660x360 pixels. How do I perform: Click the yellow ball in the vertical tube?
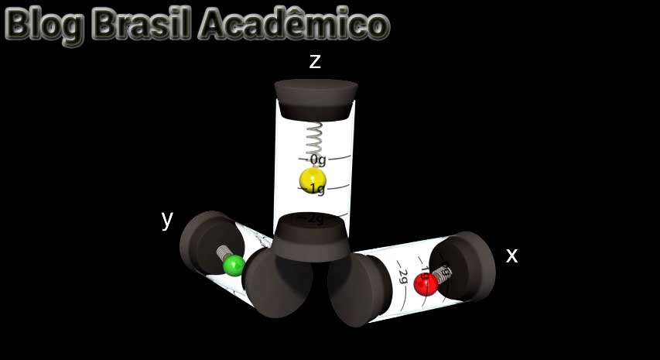313,181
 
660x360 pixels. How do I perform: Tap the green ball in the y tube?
233,266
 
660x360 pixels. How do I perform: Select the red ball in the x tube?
426,283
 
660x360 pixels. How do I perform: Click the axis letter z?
315,62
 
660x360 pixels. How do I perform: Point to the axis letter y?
167,218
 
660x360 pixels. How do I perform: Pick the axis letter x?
511,255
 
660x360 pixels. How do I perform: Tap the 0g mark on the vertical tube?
317,159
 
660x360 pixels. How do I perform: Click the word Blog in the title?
44,25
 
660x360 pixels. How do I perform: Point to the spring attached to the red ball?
442,273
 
